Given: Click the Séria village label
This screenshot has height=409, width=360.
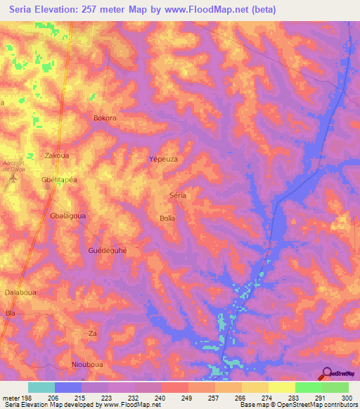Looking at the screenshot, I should (178, 195).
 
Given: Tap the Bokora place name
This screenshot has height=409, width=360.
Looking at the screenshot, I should (105, 118).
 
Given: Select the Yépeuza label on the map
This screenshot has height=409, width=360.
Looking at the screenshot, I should (163, 160).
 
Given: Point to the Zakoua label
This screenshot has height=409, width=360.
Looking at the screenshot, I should (56, 155).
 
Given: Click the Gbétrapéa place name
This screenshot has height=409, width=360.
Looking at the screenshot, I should (59, 179).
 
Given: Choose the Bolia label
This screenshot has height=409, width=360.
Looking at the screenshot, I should (167, 219).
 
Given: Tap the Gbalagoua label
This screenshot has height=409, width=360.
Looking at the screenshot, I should (68, 216).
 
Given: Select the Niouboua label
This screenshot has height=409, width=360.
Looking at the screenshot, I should (88, 364).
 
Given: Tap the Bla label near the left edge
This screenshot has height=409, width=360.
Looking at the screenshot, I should (10, 312).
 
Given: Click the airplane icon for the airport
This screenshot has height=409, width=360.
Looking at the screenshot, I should (13, 179).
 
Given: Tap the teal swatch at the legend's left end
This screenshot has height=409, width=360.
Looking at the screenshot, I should (41, 387).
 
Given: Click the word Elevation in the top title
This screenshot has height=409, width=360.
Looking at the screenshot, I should (58, 10).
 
